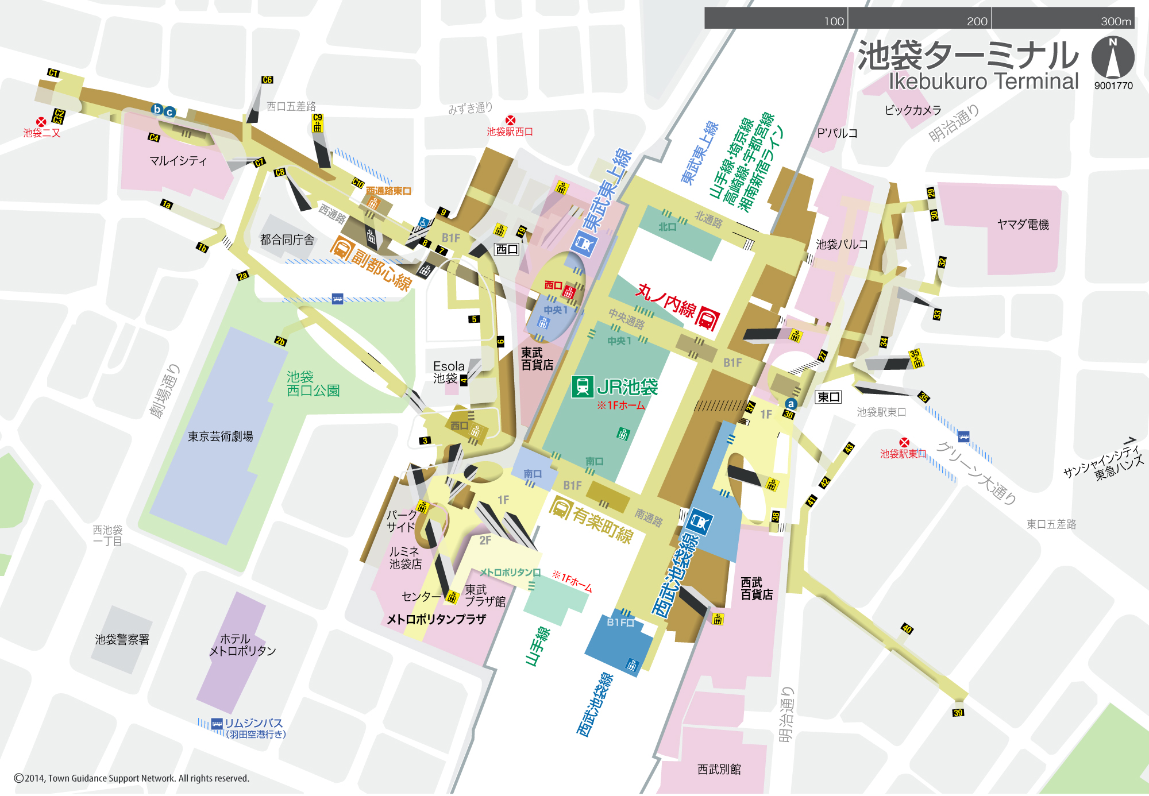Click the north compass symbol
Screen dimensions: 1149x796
pos(1113,57)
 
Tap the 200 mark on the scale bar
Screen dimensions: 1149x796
pos(977,21)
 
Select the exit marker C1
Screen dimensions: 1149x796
pos(53,73)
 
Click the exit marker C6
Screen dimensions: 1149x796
pos(267,80)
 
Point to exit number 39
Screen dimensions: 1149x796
pos(958,713)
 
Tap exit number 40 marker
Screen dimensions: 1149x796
pos(907,628)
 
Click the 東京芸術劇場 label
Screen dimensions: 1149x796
pos(220,436)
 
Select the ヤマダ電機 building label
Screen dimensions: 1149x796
pos(1023,225)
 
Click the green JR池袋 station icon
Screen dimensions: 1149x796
pos(582,387)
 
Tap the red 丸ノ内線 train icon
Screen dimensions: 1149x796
pos(707,319)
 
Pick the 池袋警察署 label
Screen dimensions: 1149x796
pos(122,639)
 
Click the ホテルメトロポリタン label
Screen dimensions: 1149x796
pos(242,645)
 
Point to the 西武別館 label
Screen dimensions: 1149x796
pos(719,769)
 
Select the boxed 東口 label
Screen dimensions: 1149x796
pos(828,397)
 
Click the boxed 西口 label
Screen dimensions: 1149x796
pos(507,249)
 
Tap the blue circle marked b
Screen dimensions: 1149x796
pos(157,109)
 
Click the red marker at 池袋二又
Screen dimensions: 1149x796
pos(41,122)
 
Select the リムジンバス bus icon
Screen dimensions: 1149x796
pos(217,724)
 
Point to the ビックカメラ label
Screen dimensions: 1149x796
pos(913,110)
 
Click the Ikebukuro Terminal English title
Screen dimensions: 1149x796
pos(984,81)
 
